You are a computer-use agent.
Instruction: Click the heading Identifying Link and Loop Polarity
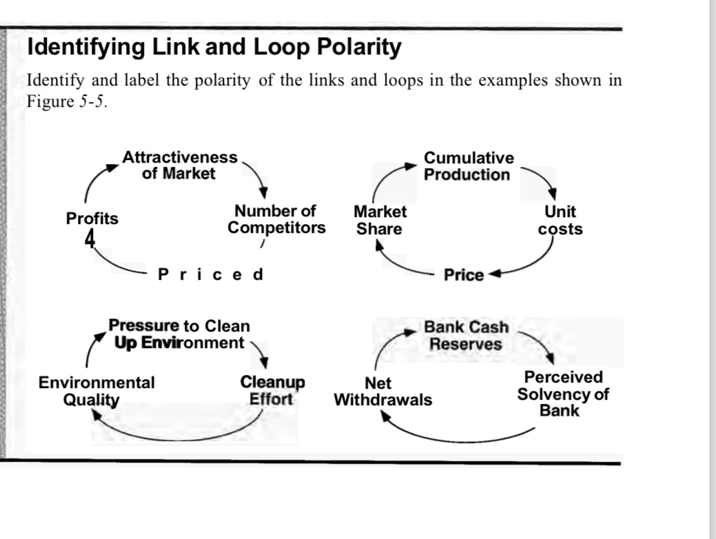[x=214, y=48]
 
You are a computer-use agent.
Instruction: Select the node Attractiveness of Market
[x=179, y=165]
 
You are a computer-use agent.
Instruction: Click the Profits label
[x=92, y=219]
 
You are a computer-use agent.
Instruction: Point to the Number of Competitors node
[x=276, y=219]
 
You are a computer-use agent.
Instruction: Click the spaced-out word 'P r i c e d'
[x=210, y=274]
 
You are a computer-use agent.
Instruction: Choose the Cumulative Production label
[x=468, y=167]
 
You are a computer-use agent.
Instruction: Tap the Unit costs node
[x=560, y=220]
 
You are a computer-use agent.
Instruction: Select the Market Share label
[x=380, y=220]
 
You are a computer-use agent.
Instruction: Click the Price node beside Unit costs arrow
[x=464, y=275]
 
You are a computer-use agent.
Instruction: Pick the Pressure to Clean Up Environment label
[x=178, y=334]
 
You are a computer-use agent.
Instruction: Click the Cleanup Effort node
[x=272, y=390]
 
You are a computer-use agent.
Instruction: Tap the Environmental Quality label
[x=96, y=391]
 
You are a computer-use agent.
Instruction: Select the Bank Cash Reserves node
[x=466, y=336]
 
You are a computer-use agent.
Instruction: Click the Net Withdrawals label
[x=382, y=391]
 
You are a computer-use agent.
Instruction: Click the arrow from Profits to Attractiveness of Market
[x=94, y=180]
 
